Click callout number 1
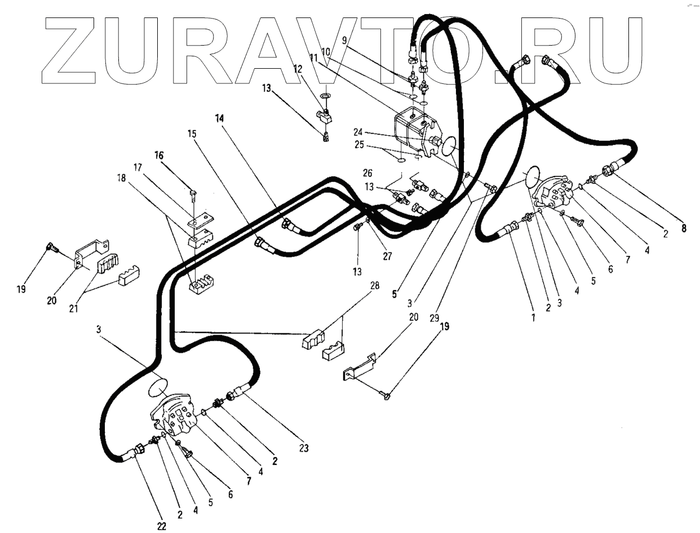point(533,317)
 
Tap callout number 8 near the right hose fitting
point(683,229)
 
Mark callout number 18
point(121,177)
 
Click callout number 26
point(368,172)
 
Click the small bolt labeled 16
point(193,195)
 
